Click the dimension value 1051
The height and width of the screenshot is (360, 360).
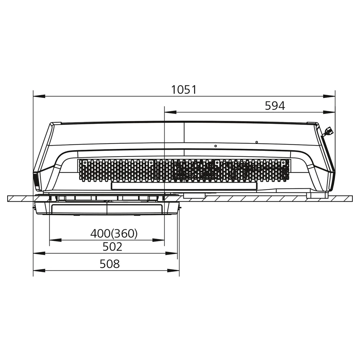(x=184, y=90)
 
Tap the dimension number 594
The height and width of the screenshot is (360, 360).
(x=275, y=106)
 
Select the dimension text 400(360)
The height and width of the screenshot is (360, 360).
(x=114, y=234)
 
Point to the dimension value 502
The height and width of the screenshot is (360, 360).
(x=112, y=247)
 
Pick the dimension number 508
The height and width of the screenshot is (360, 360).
(x=110, y=264)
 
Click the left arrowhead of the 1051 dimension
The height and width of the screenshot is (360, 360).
(x=39, y=96)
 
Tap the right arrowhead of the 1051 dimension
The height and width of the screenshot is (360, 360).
(x=329, y=96)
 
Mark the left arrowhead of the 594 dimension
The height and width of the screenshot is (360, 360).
(x=170, y=112)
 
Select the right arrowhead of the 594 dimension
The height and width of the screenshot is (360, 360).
(x=329, y=112)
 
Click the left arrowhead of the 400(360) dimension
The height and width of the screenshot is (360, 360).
(x=55, y=240)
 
